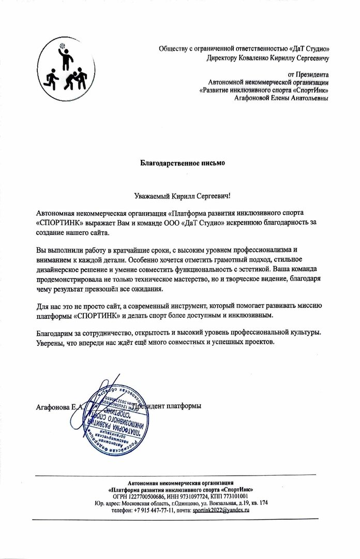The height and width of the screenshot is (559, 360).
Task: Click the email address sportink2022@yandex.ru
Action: coord(221,510)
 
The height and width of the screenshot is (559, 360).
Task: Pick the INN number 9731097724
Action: coord(192,495)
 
